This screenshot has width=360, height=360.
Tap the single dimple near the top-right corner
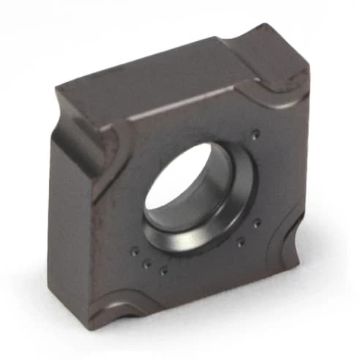(x=255, y=134)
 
